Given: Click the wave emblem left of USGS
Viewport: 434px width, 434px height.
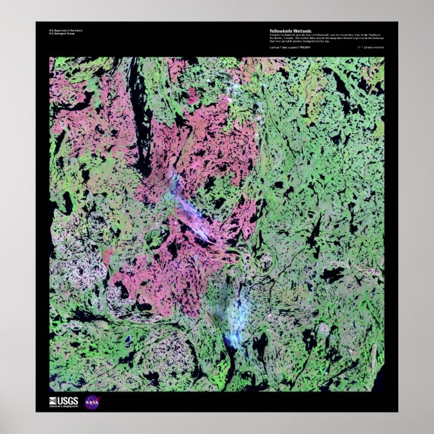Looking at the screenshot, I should (x=54, y=402).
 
